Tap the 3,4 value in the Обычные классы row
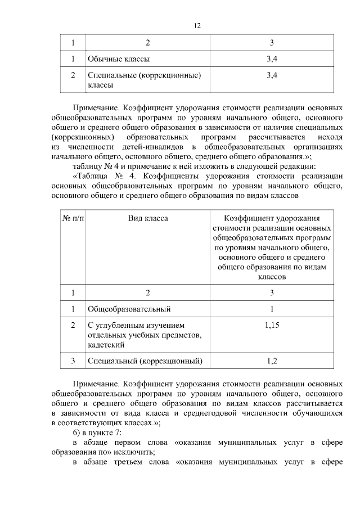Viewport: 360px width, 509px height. (272, 58)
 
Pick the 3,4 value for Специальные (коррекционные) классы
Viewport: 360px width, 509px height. (272, 75)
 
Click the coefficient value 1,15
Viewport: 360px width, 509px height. (272, 325)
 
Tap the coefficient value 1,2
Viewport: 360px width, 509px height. (272, 361)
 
